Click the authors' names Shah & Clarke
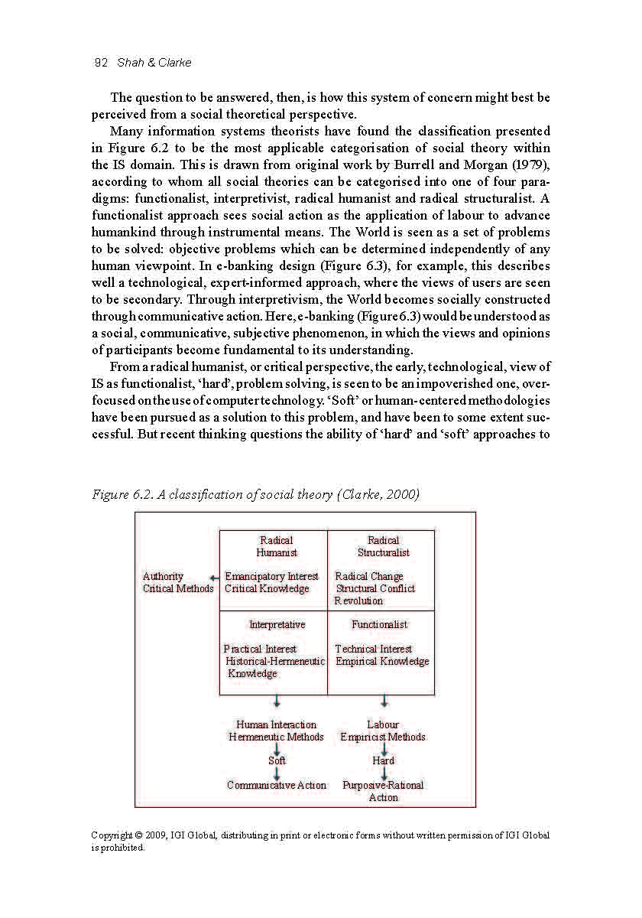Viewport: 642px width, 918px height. coord(154,63)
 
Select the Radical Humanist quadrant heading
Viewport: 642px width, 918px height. coord(276,546)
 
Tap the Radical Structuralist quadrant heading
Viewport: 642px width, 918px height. coord(383,546)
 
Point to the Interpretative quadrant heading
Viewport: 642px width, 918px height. coord(277,624)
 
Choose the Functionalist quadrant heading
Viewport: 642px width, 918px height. coord(380,624)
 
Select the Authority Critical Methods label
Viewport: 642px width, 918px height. coord(177,582)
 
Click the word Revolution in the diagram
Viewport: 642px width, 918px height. coord(358,601)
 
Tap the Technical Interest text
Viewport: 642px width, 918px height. coord(373,649)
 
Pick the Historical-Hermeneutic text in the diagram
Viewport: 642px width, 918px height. coord(275,661)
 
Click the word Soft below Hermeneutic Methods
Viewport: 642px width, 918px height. coord(277,760)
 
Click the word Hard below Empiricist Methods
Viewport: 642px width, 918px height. coord(383,760)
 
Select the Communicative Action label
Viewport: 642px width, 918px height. coord(277,785)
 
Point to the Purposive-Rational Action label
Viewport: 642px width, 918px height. coord(383,791)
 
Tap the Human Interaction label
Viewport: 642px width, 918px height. coord(276,724)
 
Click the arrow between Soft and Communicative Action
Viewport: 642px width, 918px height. coord(277,773)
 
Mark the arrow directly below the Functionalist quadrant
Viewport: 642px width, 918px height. coord(384,702)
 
